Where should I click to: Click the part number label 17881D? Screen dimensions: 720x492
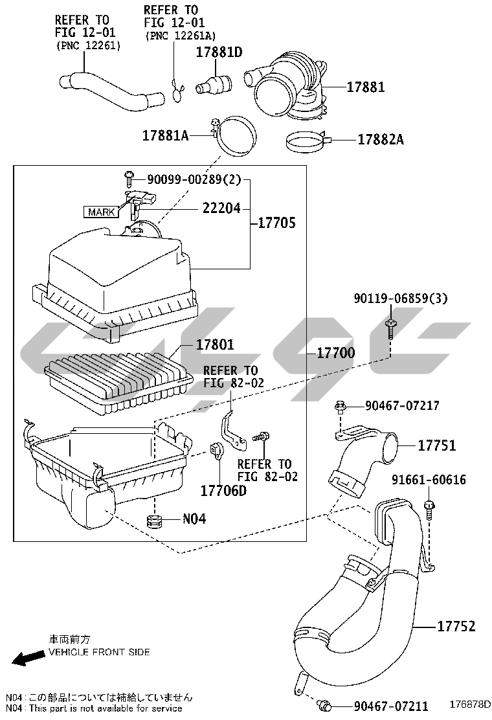pyautogui.click(x=219, y=52)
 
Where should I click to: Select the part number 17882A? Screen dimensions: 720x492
pyautogui.click(x=381, y=139)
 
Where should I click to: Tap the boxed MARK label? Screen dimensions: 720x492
pyautogui.click(x=101, y=212)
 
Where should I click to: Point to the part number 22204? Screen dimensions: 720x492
pyautogui.click(x=221, y=208)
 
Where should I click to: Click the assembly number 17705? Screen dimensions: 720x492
pyautogui.click(x=276, y=223)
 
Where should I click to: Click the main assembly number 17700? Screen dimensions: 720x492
pyautogui.click(x=336, y=354)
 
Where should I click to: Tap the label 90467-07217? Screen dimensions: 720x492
pyautogui.click(x=402, y=406)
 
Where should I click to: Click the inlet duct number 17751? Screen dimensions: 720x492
pyautogui.click(x=436, y=445)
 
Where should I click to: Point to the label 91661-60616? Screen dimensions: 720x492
pyautogui.click(x=429, y=480)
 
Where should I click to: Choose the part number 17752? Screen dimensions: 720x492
pyautogui.click(x=456, y=626)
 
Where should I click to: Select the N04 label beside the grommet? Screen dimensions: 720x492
pyautogui.click(x=194, y=519)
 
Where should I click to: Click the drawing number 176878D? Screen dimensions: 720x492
pyautogui.click(x=470, y=704)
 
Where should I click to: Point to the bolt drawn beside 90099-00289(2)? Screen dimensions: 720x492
pyautogui.click(x=128, y=175)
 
